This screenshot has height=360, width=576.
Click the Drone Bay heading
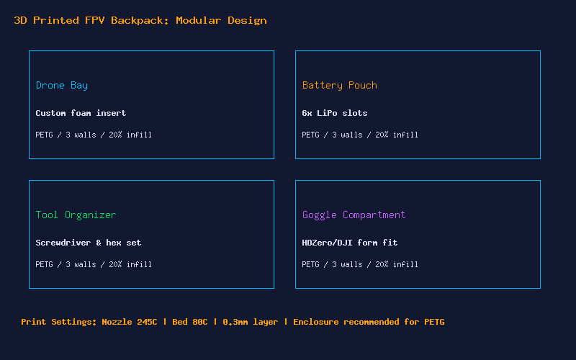pyautogui.click(x=62, y=86)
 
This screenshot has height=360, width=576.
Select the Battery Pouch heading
pyautogui.click(x=339, y=86)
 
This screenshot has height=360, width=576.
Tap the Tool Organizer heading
pyautogui.click(x=76, y=215)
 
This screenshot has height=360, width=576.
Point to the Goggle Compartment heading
pyautogui.click(x=354, y=215)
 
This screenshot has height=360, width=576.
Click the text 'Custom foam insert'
pyautogui.click(x=81, y=113)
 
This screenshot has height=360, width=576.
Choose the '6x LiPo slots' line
pyautogui.click(x=335, y=113)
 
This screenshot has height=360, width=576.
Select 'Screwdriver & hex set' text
pyautogui.click(x=88, y=243)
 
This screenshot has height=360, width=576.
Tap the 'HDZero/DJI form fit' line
pyautogui.click(x=350, y=243)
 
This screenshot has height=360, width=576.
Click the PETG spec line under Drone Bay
pyautogui.click(x=94, y=135)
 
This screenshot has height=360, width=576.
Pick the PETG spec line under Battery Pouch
pyautogui.click(x=360, y=135)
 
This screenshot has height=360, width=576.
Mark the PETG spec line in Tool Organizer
pyautogui.click(x=94, y=264)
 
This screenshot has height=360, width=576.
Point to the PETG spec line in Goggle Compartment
pyautogui.click(x=360, y=264)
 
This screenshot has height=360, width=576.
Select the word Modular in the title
pyautogui.click(x=199, y=21)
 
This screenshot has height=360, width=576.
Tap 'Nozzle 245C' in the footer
pyautogui.click(x=130, y=322)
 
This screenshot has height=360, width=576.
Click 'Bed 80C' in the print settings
pyautogui.click(x=190, y=322)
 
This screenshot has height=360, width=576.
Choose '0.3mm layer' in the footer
pyautogui.click(x=250, y=322)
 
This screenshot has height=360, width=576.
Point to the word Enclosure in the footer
pyautogui.click(x=316, y=322)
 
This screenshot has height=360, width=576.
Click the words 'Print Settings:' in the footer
pyautogui.click(x=59, y=322)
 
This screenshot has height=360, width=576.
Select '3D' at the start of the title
pyautogui.click(x=21, y=21)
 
